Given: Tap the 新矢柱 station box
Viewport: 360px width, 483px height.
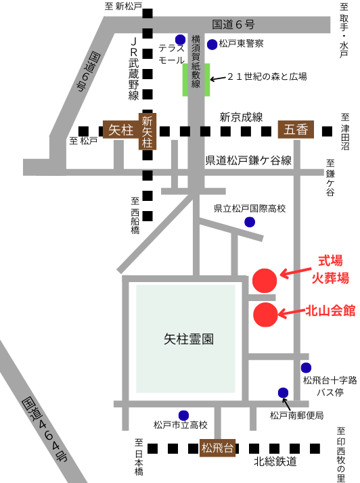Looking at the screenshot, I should [x=148, y=131].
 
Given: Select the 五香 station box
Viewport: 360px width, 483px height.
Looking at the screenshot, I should [x=296, y=129].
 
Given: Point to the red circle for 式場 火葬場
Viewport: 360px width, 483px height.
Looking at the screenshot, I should [x=264, y=280].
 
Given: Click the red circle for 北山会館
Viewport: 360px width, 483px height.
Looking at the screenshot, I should [x=265, y=313].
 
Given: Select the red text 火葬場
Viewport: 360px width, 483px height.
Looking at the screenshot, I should [x=330, y=277].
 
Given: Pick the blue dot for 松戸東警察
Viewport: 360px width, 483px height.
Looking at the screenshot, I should [x=212, y=45].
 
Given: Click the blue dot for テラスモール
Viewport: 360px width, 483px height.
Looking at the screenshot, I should [x=179, y=39].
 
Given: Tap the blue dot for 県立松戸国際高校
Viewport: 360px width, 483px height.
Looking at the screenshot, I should [x=250, y=222].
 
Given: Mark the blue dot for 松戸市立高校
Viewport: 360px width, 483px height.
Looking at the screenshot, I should [x=183, y=415].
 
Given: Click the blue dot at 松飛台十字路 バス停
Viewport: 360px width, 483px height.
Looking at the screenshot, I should [x=305, y=367].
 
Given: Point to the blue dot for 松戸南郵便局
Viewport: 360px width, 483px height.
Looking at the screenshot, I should [x=283, y=393].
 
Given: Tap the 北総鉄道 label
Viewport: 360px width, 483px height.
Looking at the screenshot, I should [x=275, y=462].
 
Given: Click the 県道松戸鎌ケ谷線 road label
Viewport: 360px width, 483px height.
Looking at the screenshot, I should [x=248, y=161].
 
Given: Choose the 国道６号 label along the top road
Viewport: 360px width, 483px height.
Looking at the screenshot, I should [x=233, y=24].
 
